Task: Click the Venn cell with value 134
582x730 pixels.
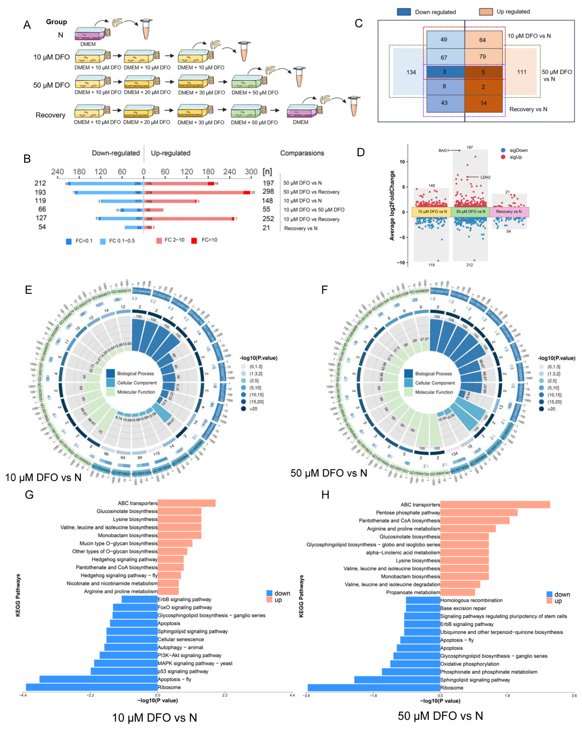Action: click(411, 72)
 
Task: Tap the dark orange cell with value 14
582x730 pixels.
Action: click(483, 103)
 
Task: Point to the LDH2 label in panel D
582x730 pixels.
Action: click(485, 177)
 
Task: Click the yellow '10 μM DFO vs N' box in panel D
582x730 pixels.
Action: click(432, 212)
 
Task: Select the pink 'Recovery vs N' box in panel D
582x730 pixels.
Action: click(509, 212)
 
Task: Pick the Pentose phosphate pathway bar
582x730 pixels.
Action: click(479, 513)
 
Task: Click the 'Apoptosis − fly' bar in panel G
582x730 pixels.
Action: click(98, 679)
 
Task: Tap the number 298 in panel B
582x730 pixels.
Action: click(268, 192)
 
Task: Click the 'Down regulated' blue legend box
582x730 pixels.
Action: click(404, 12)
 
